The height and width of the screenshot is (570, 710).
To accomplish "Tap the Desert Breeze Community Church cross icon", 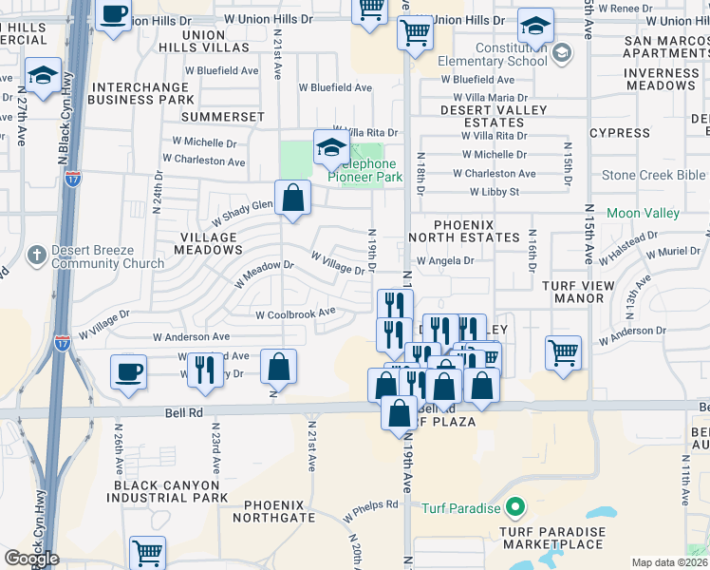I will [36, 255].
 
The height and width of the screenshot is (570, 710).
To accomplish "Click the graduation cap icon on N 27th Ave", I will [43, 75].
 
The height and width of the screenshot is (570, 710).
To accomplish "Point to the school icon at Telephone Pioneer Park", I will [330, 146].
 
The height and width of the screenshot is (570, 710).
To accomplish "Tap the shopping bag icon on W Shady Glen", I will [293, 198].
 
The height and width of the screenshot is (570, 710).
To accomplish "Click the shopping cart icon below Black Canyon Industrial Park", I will [147, 551].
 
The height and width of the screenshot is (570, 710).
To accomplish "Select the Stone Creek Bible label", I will [654, 175].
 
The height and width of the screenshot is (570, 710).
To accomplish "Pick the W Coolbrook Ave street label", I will [295, 312].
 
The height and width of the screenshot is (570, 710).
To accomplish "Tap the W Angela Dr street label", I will [443, 259].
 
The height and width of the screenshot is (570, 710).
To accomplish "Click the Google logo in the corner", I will [32, 559].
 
